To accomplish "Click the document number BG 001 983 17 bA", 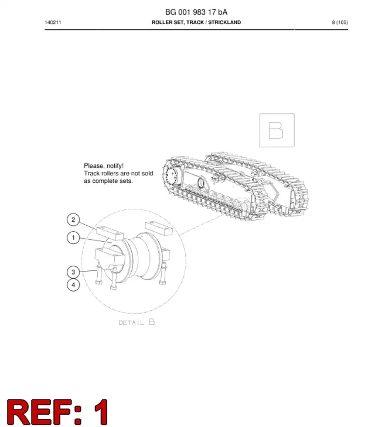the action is point(196,12).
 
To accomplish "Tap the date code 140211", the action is point(53,22).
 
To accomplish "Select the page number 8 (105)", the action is point(340,22).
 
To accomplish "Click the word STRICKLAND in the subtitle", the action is point(224,22).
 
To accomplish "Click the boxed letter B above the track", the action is point(276,130).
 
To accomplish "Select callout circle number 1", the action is point(73,238).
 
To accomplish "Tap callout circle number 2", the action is point(73,219).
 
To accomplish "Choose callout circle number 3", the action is point(73,272).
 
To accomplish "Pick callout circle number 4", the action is point(73,285).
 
